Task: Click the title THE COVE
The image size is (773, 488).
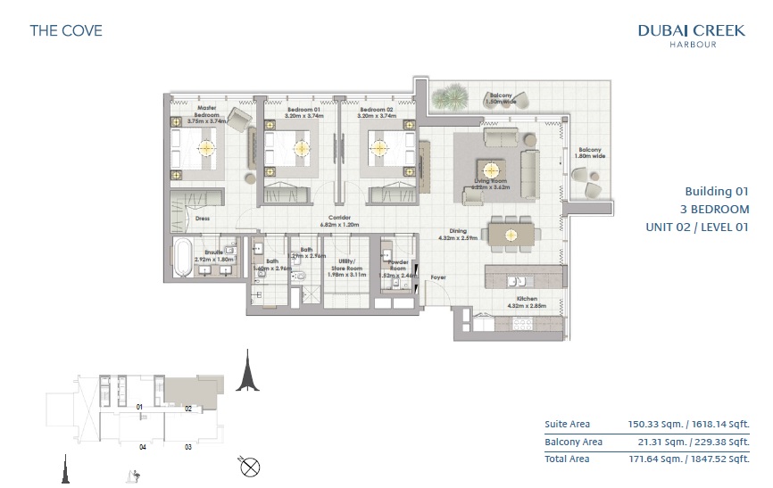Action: pyautogui.click(x=66, y=30)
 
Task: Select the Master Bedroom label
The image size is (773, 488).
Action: pyautogui.click(x=207, y=112)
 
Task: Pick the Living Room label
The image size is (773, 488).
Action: pyautogui.click(x=490, y=185)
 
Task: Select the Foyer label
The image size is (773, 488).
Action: pyautogui.click(x=438, y=277)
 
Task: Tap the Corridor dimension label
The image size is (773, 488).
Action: pyautogui.click(x=337, y=220)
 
